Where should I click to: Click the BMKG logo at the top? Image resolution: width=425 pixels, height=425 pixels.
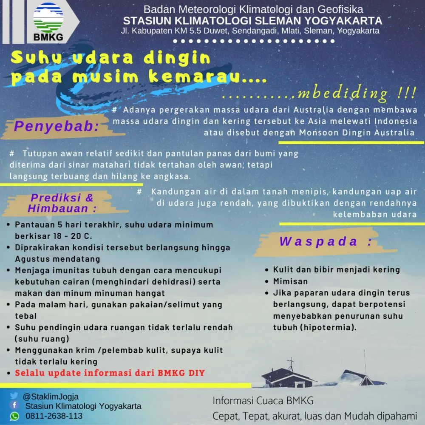(48, 21)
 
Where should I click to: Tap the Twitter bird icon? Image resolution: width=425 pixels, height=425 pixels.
(14, 397)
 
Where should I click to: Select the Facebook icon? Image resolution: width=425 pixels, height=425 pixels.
(14, 406)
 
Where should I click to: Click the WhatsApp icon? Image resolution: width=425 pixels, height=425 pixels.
(14, 416)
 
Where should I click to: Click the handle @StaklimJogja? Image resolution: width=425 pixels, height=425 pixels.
(51, 397)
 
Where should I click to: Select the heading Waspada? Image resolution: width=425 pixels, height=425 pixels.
(326, 242)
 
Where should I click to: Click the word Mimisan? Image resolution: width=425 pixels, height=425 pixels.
(290, 281)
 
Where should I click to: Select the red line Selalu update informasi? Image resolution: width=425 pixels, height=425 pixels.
(110, 373)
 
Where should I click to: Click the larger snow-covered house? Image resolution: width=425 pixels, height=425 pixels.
(289, 377)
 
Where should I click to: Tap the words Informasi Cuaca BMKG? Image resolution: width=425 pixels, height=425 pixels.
(263, 401)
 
